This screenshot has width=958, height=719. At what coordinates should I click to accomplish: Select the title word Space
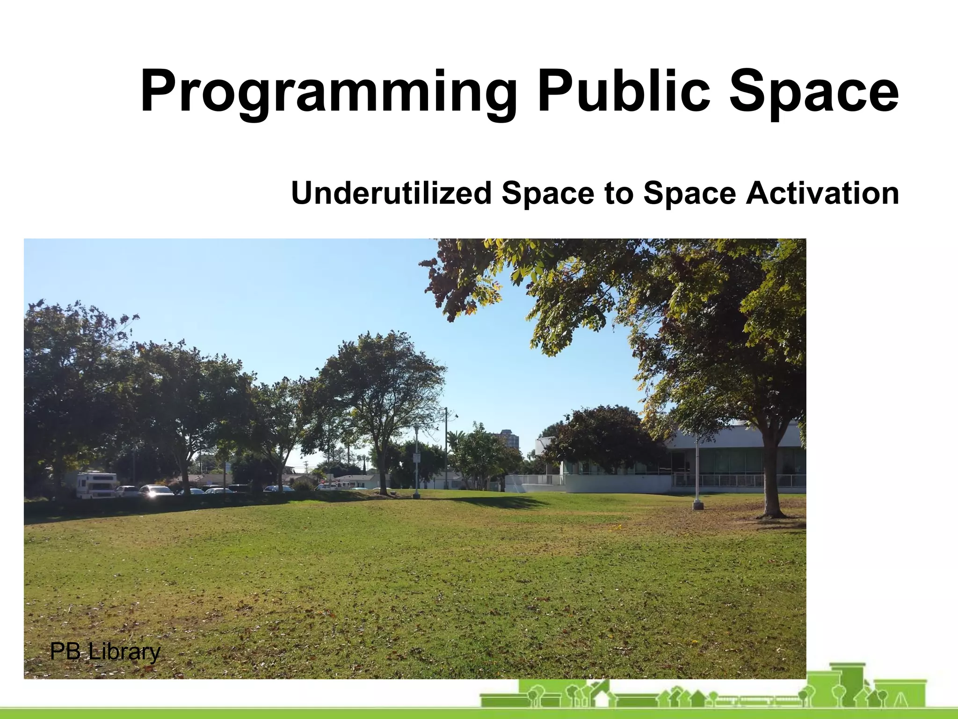pos(814,91)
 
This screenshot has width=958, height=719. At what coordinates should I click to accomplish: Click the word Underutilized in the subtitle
pos(391,193)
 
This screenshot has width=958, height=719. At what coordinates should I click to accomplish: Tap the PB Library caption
pos(105,652)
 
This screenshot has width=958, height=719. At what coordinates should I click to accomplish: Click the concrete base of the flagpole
pos(697,505)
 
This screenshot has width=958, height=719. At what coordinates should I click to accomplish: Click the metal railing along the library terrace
pos(739,480)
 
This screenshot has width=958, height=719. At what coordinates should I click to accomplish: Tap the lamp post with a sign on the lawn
pos(416,461)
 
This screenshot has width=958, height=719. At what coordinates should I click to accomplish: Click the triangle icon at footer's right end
pos(901,701)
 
